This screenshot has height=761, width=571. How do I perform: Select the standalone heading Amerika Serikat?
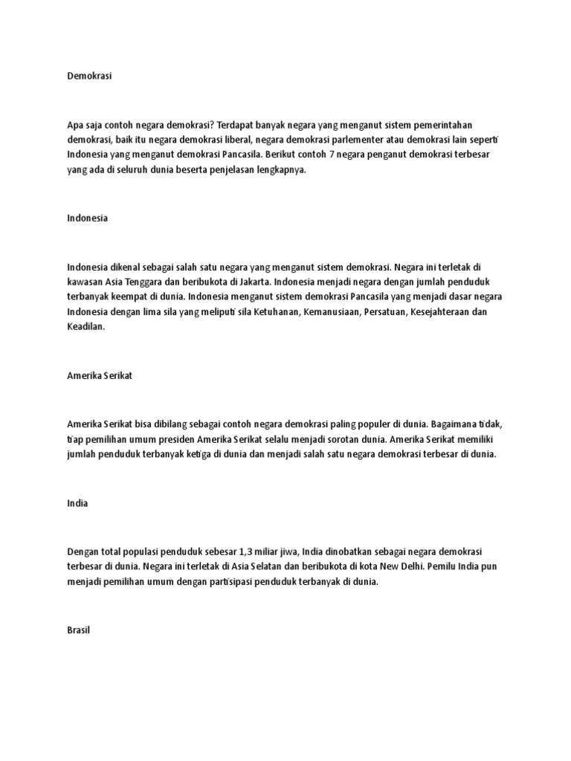pyautogui.click(x=99, y=376)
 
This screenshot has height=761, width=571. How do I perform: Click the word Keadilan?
pyautogui.click(x=86, y=328)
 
